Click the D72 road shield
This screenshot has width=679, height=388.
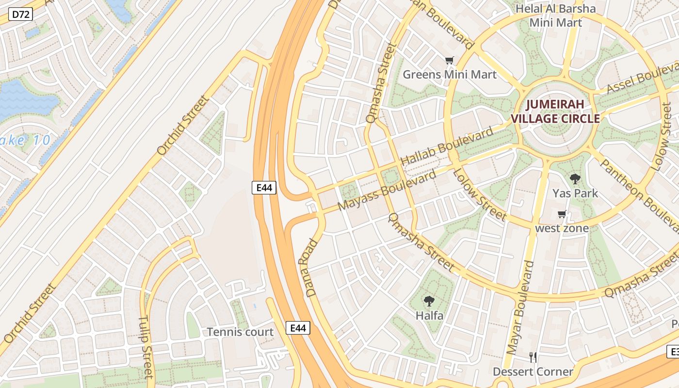pyautogui.click(x=21, y=15)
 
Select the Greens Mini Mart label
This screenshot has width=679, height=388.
pyautogui.click(x=450, y=74)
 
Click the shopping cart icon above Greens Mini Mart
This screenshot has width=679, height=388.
pyautogui.click(x=450, y=61)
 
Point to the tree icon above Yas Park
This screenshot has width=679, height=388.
pyautogui.click(x=575, y=179)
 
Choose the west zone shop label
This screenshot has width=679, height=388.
pyautogui.click(x=562, y=228)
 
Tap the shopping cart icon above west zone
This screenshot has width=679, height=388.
pyautogui.click(x=562, y=214)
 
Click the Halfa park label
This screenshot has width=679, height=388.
pyautogui.click(x=429, y=315)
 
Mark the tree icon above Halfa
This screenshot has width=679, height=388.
pyautogui.click(x=429, y=301)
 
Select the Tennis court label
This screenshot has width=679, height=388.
pyautogui.click(x=240, y=332)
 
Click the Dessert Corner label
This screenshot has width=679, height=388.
pyautogui.click(x=533, y=372)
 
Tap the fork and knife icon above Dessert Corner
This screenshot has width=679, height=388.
pyautogui.click(x=533, y=357)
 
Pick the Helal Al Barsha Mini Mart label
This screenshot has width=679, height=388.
pyautogui.click(x=555, y=16)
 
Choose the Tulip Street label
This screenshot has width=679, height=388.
pyautogui.click(x=145, y=346)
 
